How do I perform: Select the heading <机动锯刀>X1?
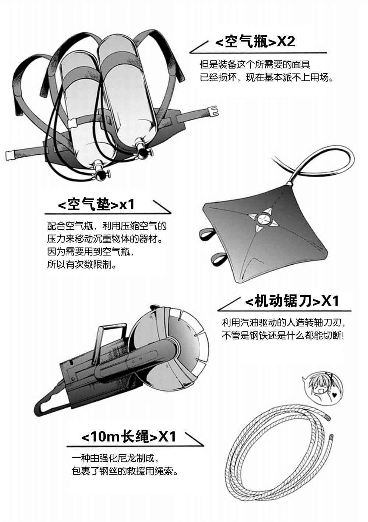[x=291, y=301]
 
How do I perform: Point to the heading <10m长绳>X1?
[x=128, y=436]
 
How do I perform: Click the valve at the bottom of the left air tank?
[x=98, y=169]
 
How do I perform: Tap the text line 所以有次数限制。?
[x=82, y=265]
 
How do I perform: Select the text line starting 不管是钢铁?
[x=283, y=335]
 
